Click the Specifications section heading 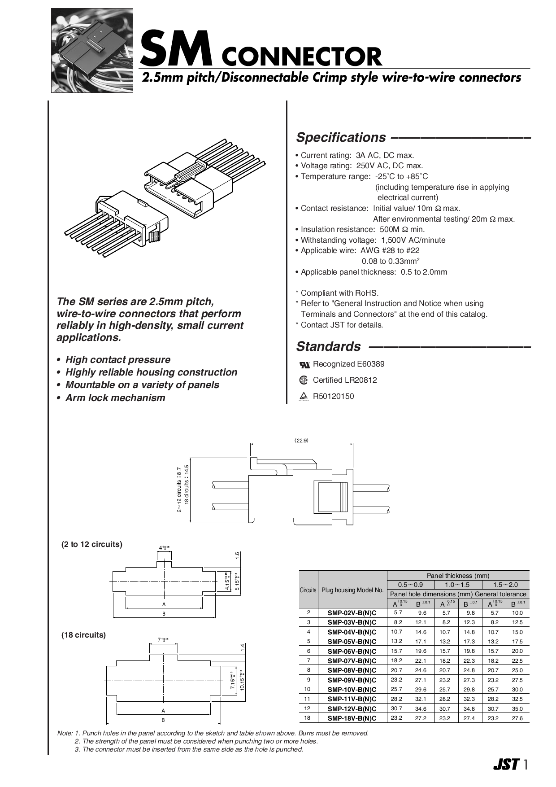click(341, 137)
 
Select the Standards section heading click(328, 346)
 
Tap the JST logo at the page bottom click(506, 764)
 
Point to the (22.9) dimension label click(301, 440)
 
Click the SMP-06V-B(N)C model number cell click(352, 651)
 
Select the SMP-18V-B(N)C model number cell click(352, 718)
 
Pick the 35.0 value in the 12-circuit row click(517, 709)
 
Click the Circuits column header click(308, 590)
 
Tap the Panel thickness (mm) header click(458, 575)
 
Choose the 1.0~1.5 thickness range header click(458, 585)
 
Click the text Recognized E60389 click(348, 364)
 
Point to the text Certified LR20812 click(345, 380)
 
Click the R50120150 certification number click(333, 396)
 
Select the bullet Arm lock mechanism click(115, 398)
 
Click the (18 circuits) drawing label click(83, 635)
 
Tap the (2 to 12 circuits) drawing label click(91, 544)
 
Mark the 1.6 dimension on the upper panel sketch click(238, 555)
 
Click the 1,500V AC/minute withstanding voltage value click(413, 240)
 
